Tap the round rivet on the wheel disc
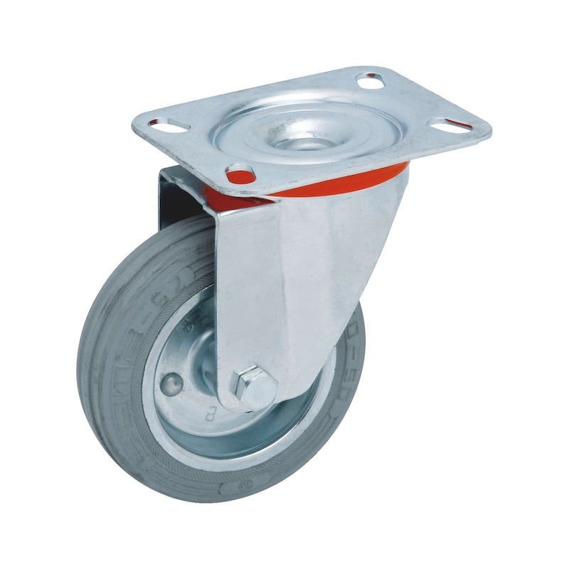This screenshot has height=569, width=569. [171, 385]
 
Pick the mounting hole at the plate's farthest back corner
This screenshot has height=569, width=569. [369, 80]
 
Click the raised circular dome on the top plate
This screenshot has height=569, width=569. [299, 128]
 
